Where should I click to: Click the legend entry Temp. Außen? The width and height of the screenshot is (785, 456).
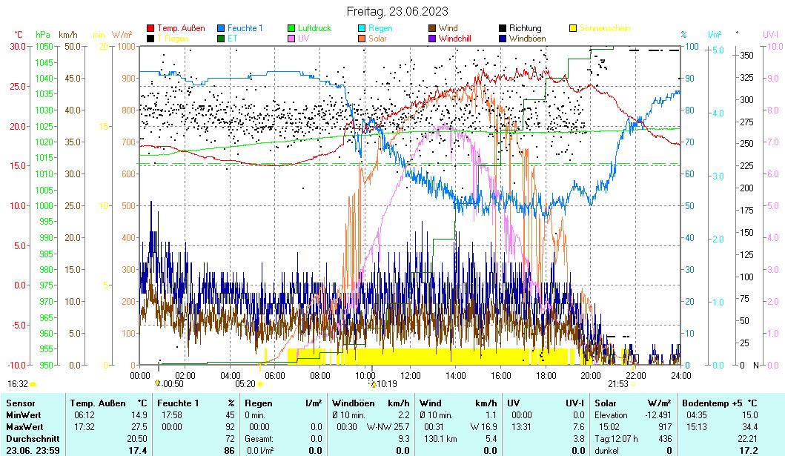181,28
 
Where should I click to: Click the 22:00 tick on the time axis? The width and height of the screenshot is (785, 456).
635,375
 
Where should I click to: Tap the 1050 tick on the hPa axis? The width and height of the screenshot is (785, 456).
44,46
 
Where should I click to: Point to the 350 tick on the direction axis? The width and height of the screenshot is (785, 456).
746,55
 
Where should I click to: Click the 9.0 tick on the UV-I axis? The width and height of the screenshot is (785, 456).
770,78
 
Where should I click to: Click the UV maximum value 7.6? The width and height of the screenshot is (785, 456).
578,427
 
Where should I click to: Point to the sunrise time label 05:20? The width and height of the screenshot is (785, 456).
245,384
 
